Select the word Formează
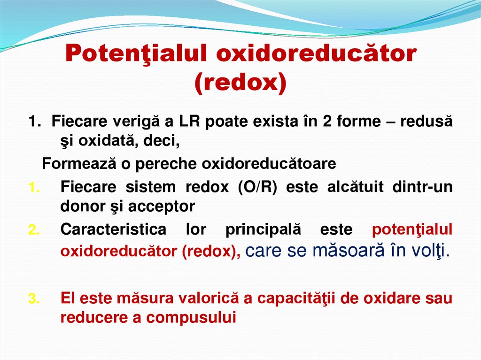70,164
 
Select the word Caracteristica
113,230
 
